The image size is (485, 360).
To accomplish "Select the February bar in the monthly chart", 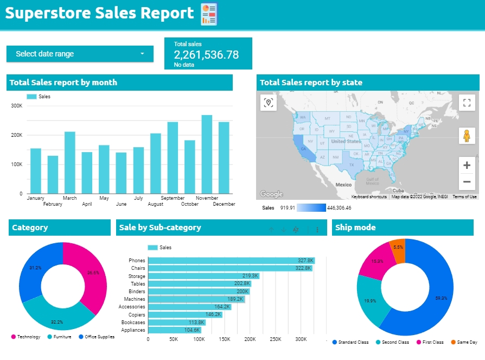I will tap(53, 174).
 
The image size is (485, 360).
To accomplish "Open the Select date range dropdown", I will tap(80, 54).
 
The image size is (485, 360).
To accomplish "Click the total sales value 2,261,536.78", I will tap(206, 54).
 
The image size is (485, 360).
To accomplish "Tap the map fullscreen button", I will tap(467, 103).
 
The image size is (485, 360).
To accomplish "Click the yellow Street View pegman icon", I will tap(467, 136).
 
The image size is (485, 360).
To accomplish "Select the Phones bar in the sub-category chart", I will tap(231, 261).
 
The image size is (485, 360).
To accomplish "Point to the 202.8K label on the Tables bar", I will tap(242, 283).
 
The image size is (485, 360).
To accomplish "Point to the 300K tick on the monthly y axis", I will tap(17, 105).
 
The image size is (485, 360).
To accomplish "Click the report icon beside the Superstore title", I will tap(208, 14).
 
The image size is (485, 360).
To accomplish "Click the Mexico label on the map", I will tap(343, 185).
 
